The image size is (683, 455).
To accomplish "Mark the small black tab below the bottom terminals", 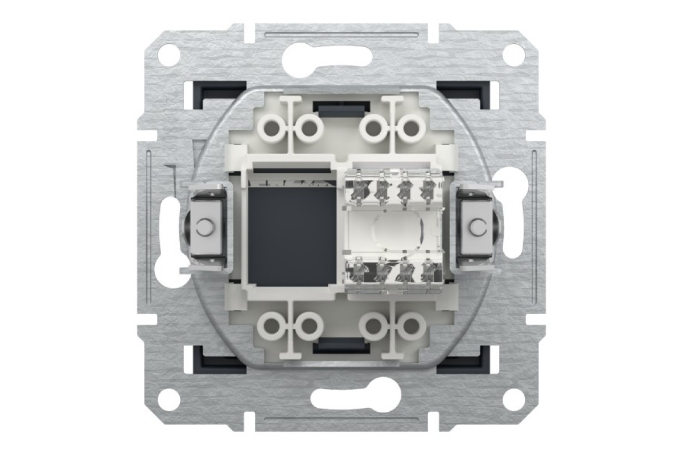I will tap(340, 345).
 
